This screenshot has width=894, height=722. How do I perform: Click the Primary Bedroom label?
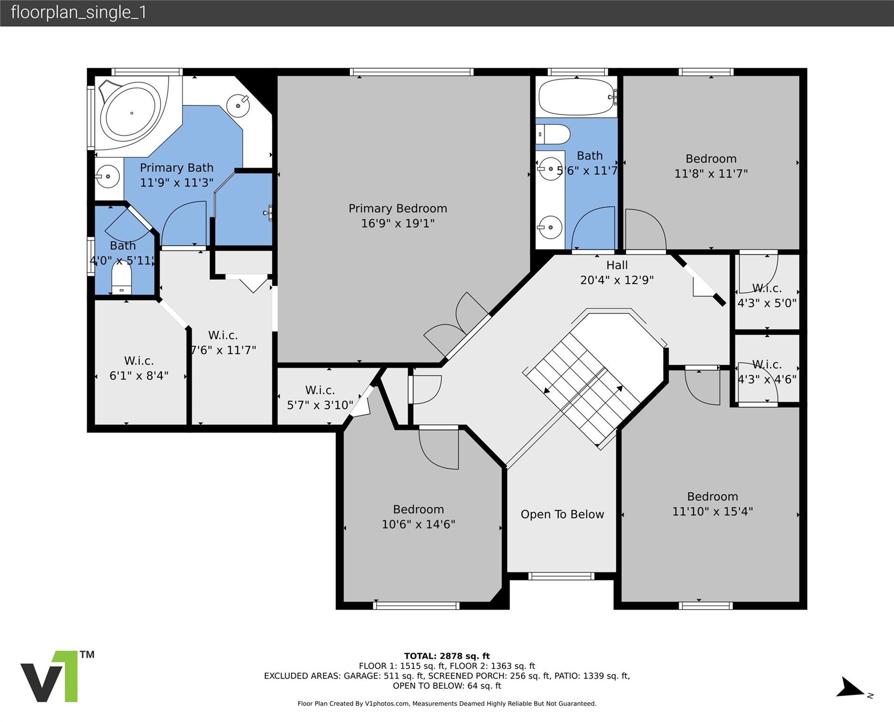[x=398, y=208]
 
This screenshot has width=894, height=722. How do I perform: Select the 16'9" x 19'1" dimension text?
[x=398, y=223]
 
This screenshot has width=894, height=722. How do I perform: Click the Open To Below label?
[x=562, y=514]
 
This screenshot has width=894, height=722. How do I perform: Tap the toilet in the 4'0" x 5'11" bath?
[x=121, y=278]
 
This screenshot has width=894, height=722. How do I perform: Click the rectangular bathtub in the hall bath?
[x=577, y=97]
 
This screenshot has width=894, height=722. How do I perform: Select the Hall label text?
[x=617, y=265]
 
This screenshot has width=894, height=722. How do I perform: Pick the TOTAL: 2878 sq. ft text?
[x=447, y=656]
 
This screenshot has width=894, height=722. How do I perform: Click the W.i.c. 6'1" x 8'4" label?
[x=139, y=368]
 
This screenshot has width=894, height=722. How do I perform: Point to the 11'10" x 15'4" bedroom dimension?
[x=712, y=511]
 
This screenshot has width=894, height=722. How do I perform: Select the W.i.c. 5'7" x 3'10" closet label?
[x=320, y=397]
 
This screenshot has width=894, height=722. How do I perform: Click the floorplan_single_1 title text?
[x=79, y=12]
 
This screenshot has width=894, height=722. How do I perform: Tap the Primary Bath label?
[x=176, y=168]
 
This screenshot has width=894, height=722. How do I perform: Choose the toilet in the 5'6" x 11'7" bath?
[x=553, y=134]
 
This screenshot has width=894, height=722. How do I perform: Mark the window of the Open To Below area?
[x=561, y=576]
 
